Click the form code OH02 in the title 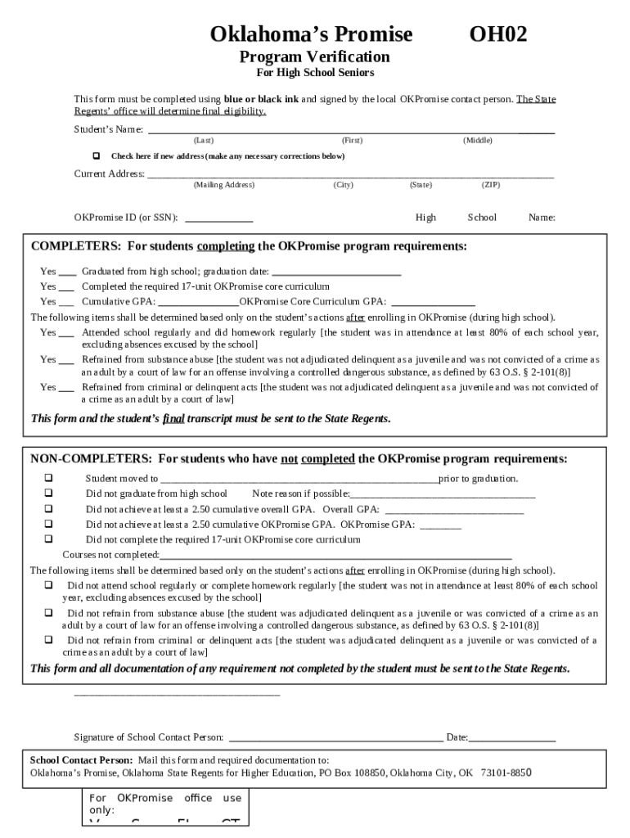[497, 34]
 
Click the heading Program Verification [314, 56]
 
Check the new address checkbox [96, 155]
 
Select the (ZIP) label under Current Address [491, 185]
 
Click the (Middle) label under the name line [478, 141]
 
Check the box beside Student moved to [48, 478]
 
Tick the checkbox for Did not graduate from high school [48, 493]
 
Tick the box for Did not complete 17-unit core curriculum [48, 539]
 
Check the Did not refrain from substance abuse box [48, 613]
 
